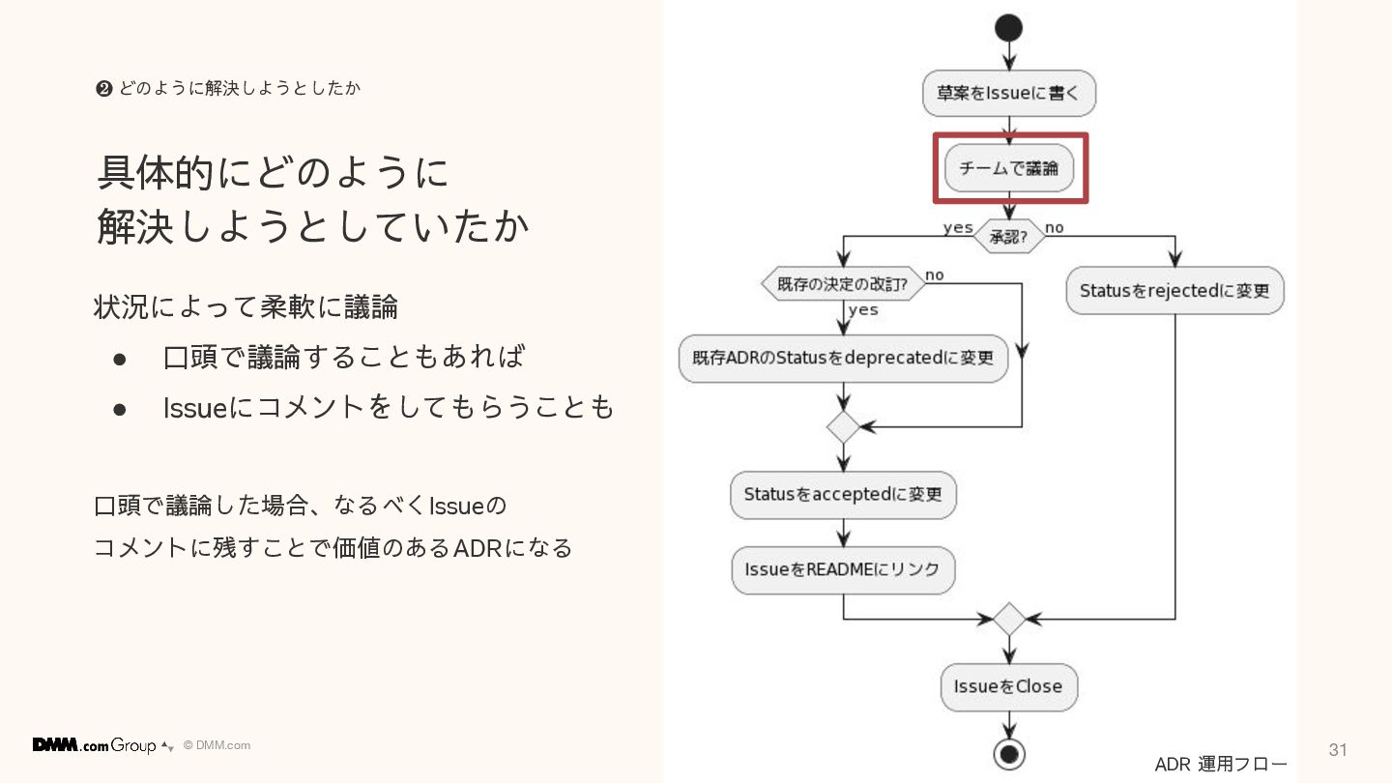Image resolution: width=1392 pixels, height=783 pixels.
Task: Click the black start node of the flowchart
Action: tap(1008, 28)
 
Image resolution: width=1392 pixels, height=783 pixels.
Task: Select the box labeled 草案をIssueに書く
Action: tap(1008, 94)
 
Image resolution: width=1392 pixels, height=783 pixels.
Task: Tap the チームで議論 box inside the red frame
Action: tap(1008, 168)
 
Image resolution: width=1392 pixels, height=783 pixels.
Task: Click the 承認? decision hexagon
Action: tap(1008, 236)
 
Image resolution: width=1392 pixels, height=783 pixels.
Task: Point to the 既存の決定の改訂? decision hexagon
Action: tap(842, 285)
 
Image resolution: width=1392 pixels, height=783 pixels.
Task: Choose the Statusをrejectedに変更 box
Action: tap(1174, 290)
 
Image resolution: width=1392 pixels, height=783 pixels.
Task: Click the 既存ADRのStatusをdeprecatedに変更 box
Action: tap(843, 358)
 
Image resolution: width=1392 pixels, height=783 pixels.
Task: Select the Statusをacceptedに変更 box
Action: tap(843, 494)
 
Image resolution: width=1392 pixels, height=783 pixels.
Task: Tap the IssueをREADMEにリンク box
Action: tap(843, 569)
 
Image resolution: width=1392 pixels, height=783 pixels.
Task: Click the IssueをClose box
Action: tap(1008, 686)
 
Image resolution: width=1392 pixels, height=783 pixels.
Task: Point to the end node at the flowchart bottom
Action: tap(1008, 753)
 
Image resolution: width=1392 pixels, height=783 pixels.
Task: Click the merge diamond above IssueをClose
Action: tap(1008, 619)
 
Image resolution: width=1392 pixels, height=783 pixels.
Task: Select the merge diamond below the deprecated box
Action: tap(843, 426)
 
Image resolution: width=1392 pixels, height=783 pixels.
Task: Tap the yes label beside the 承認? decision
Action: tap(958, 228)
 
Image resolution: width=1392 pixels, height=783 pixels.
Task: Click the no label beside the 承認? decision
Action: tap(1055, 228)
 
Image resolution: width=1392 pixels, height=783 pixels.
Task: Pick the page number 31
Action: tap(1338, 750)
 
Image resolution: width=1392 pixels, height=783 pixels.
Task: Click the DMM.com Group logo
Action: tap(95, 745)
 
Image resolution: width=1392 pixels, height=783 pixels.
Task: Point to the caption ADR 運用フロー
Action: tap(1221, 765)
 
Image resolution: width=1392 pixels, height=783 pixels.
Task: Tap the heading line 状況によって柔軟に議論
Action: tap(246, 307)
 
